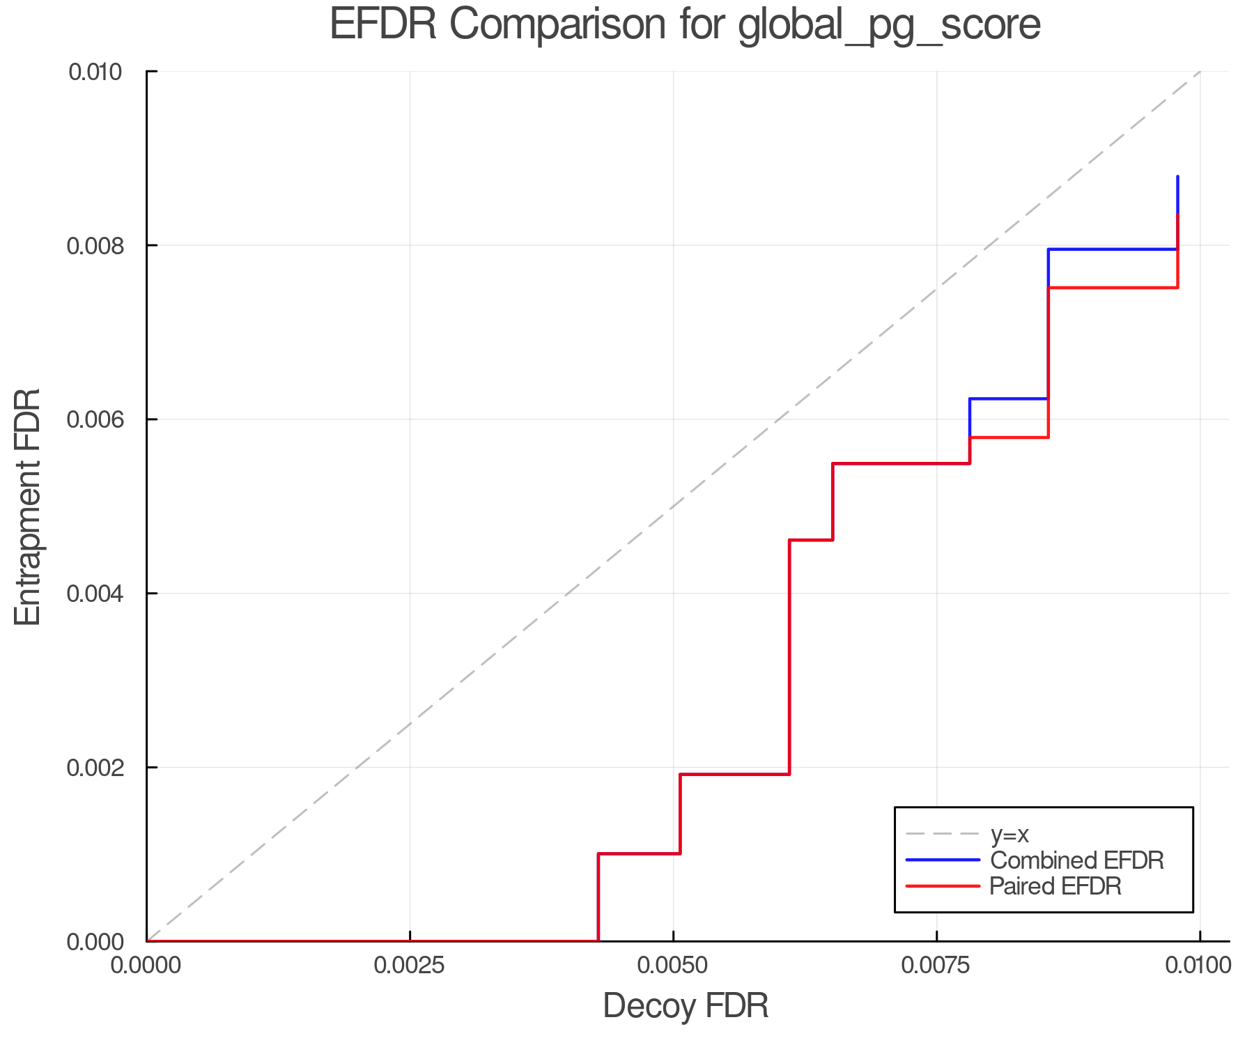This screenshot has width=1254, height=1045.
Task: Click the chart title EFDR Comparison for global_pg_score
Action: click(x=685, y=25)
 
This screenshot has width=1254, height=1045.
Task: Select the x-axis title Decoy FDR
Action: click(x=686, y=1006)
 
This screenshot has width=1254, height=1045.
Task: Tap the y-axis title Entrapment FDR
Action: click(x=29, y=506)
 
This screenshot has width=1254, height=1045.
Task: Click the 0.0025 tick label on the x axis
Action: click(x=410, y=966)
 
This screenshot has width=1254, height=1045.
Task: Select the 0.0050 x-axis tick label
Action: click(x=673, y=966)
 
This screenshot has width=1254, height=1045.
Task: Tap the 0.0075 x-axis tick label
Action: click(x=936, y=966)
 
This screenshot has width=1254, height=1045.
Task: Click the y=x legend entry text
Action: click(x=1009, y=834)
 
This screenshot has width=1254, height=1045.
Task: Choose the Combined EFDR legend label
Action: click(x=1076, y=860)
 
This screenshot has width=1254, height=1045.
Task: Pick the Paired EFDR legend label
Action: click(x=1055, y=886)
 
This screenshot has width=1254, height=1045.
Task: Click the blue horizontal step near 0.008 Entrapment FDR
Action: click(x=1113, y=249)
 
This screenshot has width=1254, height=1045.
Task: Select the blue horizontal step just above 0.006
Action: click(x=1008, y=398)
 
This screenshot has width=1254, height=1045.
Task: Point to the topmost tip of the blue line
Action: click(x=1177, y=177)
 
